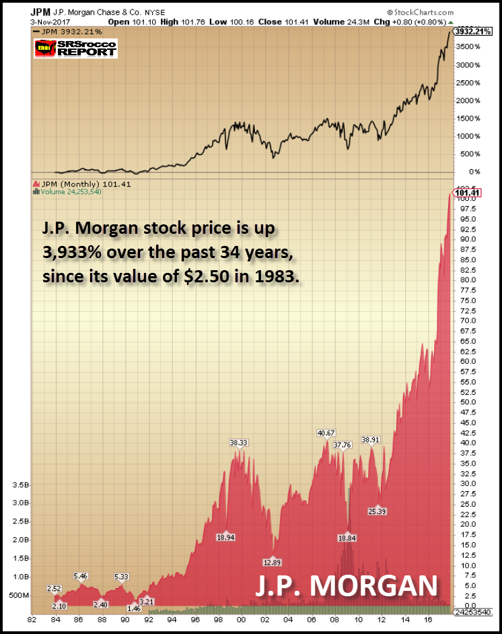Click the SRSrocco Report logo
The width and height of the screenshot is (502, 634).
tap(75, 49)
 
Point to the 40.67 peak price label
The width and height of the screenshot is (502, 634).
tap(328, 433)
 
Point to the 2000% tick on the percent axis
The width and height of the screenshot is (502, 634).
tap(468, 100)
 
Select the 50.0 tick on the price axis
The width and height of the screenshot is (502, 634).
tap(466, 402)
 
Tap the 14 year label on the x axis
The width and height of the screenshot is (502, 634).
tap(404, 622)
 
